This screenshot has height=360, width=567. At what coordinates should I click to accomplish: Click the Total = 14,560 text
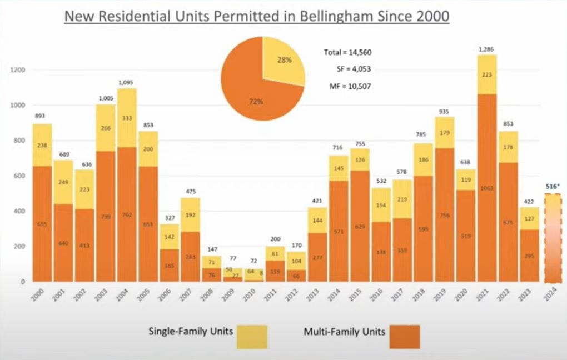point(347,53)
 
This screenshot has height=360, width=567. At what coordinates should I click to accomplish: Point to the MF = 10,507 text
point(347,86)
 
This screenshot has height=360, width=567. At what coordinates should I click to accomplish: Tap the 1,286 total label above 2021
point(486,50)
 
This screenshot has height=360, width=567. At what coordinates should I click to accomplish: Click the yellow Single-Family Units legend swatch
point(252,337)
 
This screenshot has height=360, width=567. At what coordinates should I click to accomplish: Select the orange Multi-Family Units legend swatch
point(405,337)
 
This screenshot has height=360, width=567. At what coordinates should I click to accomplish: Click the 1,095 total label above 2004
point(127,83)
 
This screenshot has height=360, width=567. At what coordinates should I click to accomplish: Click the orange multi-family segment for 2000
point(42,223)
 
